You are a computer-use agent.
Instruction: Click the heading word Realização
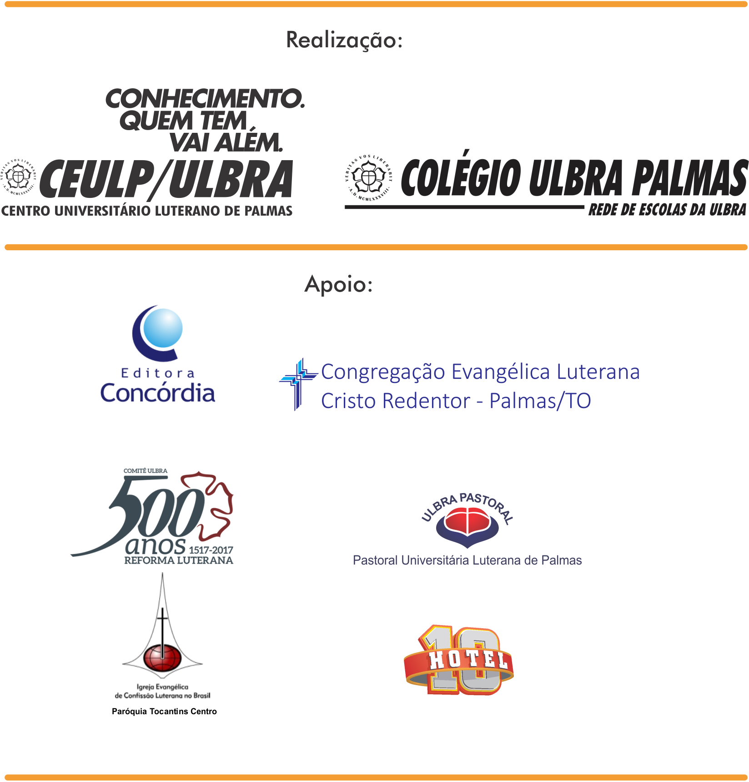pyautogui.click(x=344, y=40)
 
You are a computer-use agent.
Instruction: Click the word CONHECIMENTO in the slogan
pyautogui.click(x=204, y=99)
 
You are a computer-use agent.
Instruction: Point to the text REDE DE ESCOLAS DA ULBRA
pyautogui.click(x=667, y=210)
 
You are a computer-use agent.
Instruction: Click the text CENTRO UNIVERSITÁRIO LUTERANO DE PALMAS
pyautogui.click(x=146, y=212)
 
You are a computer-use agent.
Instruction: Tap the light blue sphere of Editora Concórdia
pyautogui.click(x=162, y=328)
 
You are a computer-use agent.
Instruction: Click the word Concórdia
pyautogui.click(x=157, y=393)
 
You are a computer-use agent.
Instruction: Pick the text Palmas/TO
pyautogui.click(x=540, y=401)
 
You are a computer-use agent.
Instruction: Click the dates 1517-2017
pyautogui.click(x=211, y=550)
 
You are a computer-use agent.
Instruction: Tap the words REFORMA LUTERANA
pyautogui.click(x=179, y=560)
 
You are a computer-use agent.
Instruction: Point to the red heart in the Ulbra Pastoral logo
pyautogui.click(x=467, y=522)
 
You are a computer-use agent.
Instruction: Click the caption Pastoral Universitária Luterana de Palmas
pyautogui.click(x=467, y=560)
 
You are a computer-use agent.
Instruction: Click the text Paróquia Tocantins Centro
pyautogui.click(x=164, y=711)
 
